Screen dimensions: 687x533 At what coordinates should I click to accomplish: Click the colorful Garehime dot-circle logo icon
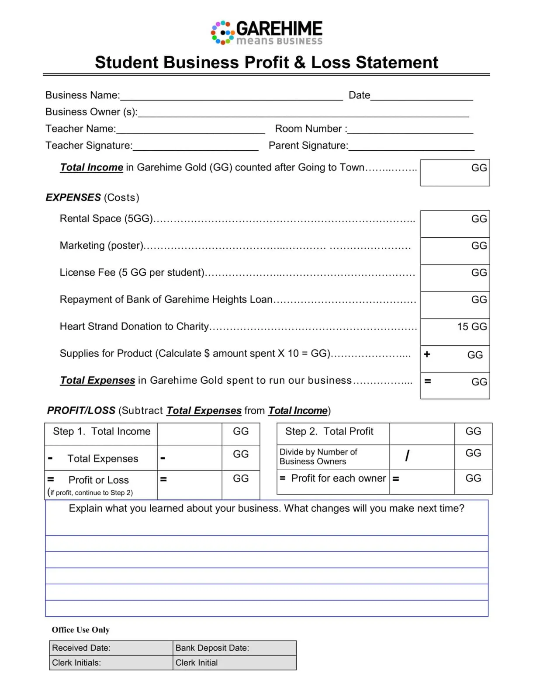[222, 33]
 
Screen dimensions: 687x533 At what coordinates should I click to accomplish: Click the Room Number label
[311, 129]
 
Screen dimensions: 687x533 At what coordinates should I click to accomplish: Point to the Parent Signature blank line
[411, 146]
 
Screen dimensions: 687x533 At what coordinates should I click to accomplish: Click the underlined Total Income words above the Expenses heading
[92, 167]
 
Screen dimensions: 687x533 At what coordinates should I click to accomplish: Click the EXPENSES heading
[73, 198]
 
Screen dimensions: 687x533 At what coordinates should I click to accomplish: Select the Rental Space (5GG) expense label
[106, 219]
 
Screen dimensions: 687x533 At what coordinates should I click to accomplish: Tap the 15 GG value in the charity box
[471, 327]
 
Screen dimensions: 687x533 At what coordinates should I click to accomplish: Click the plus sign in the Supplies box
[427, 354]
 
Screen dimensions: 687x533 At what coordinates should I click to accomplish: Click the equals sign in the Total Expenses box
[428, 382]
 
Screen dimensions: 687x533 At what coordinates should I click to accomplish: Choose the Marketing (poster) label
[102, 246]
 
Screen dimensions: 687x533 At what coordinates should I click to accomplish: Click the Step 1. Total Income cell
[101, 432]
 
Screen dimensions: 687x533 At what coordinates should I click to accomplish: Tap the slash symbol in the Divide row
[407, 456]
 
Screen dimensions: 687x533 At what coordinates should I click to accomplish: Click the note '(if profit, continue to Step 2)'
[90, 493]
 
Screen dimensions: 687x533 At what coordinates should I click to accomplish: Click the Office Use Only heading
[80, 630]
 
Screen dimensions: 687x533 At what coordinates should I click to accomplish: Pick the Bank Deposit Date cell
[234, 648]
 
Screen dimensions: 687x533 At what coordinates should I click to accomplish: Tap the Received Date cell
[111, 648]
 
